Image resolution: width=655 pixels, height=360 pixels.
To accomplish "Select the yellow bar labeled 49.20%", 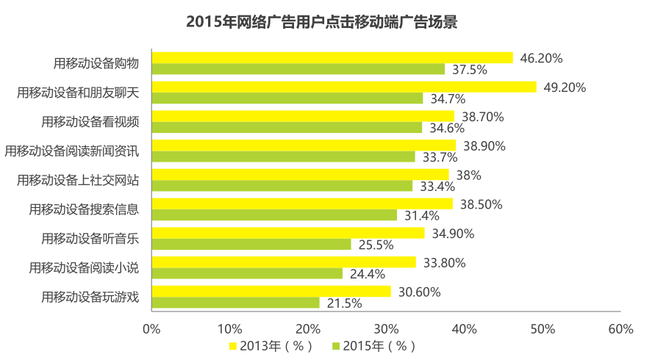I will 343,87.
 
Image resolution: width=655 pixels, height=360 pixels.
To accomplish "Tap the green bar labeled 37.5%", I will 298,69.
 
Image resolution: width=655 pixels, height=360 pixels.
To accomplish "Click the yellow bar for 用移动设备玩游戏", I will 271,292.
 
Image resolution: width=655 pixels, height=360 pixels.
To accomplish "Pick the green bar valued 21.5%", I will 235,303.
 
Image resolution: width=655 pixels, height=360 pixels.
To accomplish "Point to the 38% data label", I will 468,175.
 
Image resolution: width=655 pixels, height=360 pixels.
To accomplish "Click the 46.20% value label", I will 541,58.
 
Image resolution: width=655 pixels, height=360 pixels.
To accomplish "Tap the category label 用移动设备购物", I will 96,63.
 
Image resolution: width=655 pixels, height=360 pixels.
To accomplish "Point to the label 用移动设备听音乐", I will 90,238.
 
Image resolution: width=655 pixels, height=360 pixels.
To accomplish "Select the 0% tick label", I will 151,329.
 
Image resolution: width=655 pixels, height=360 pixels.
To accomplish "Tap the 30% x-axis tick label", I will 386,329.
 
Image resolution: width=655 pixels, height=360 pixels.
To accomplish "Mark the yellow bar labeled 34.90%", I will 287,233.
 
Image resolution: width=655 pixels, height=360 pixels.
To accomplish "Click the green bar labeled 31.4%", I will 274,215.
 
